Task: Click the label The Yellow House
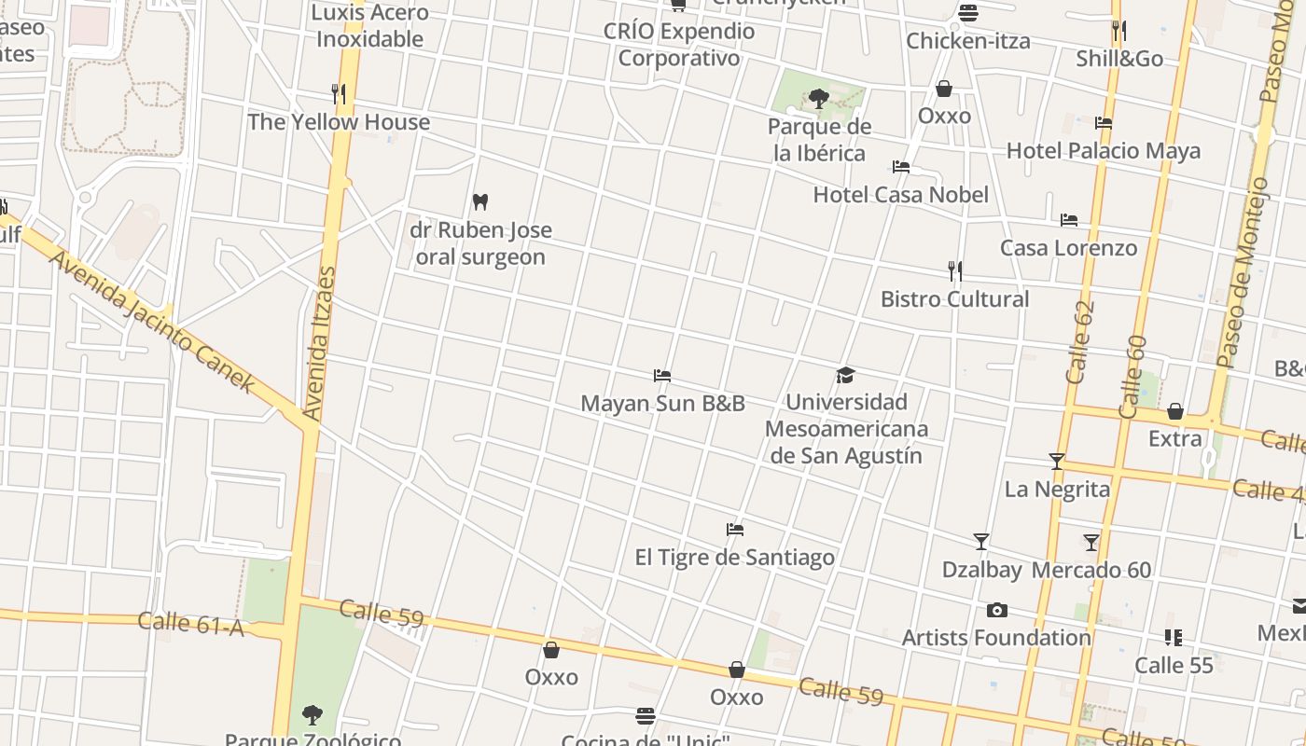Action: pos(339,122)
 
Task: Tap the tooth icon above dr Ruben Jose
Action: pos(480,201)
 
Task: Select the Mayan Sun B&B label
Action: pos(662,404)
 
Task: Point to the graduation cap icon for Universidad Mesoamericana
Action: pos(845,375)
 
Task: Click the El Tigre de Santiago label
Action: pos(734,558)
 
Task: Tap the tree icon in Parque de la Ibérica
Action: pos(819,98)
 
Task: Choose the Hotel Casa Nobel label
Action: pos(900,195)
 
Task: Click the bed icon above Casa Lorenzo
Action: pos(1069,220)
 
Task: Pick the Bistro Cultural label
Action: pos(954,299)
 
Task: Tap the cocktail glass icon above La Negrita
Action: pos(1057,462)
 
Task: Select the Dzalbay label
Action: pos(981,570)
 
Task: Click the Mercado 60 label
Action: pos(1091,570)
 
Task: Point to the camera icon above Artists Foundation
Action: pos(996,611)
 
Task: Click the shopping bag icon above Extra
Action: pos(1175,412)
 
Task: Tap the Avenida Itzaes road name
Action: pos(319,343)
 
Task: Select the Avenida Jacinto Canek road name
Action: pos(152,321)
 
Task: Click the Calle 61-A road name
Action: pos(190,624)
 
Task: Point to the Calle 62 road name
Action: pos(1079,342)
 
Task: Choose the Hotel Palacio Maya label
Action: pos(1103,151)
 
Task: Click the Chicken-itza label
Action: pos(968,41)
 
